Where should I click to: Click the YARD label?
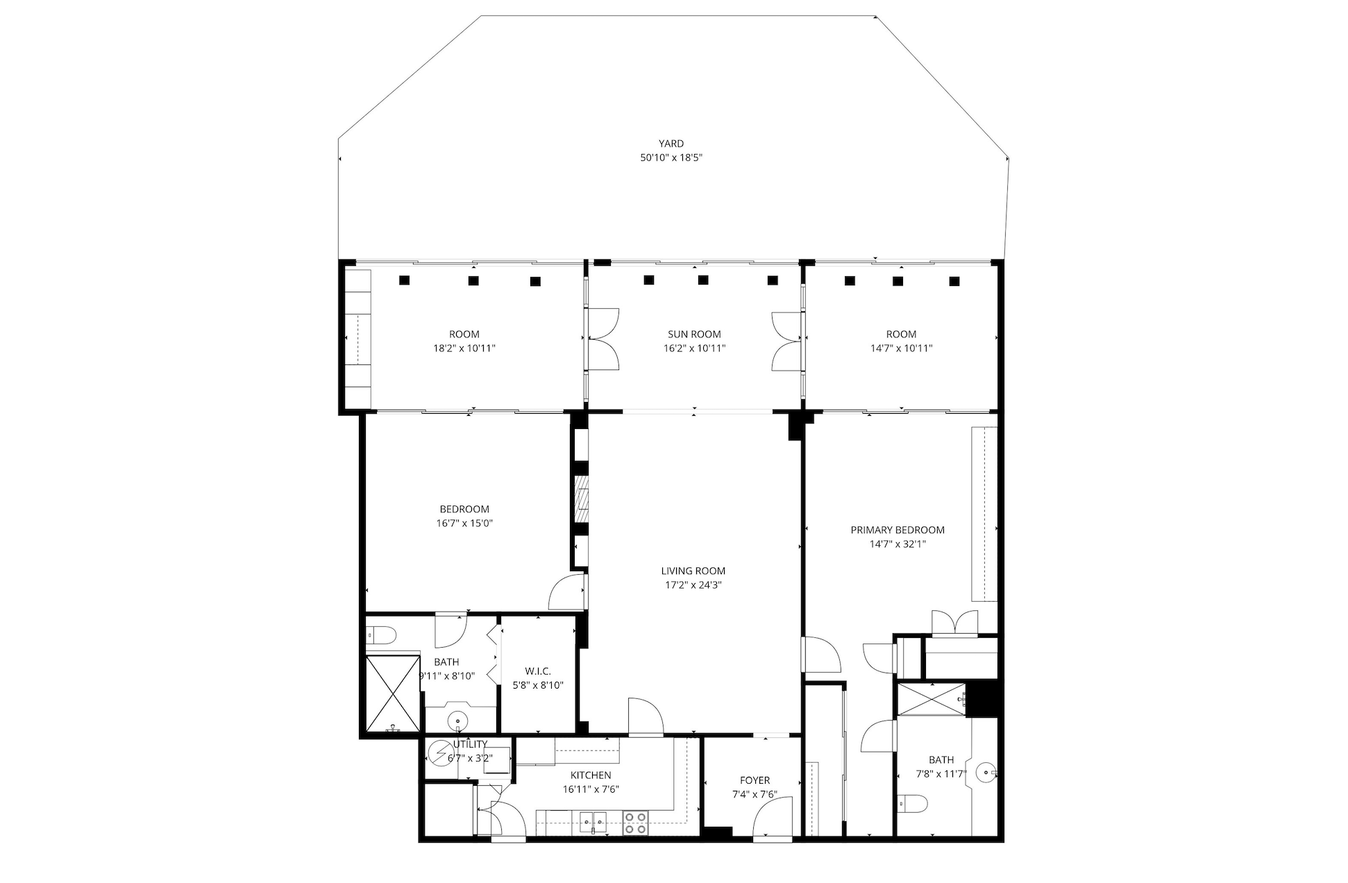[671, 144]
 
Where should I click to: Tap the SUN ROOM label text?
[694, 335]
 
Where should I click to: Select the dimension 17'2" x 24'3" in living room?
[693, 585]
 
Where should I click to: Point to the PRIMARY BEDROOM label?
[898, 530]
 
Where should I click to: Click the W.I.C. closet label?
[538, 671]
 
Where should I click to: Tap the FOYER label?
[755, 780]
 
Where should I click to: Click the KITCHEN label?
[591, 775]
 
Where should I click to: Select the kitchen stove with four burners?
[634, 823]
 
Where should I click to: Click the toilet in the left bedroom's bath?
[381, 634]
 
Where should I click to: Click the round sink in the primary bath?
[986, 772]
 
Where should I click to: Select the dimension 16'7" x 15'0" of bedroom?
[464, 523]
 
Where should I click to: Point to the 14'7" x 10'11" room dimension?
[901, 348]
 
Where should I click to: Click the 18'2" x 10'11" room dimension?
[464, 348]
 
